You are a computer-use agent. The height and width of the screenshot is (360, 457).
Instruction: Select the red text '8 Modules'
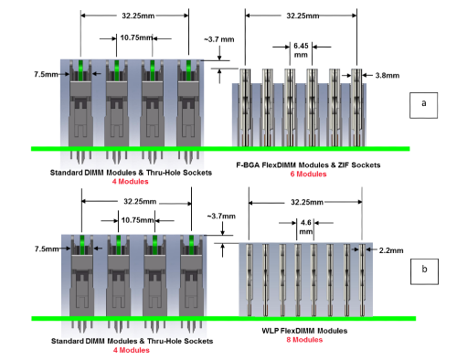click(304, 340)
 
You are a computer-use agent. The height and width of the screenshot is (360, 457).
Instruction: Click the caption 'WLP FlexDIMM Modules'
click(304, 331)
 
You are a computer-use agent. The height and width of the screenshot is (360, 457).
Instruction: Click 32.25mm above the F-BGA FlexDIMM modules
click(301, 16)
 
